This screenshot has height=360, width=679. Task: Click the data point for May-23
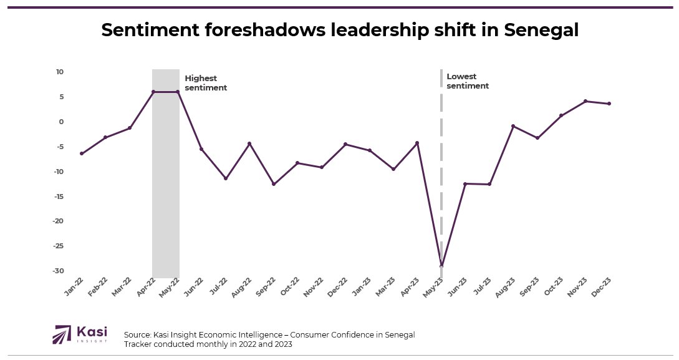click(x=441, y=266)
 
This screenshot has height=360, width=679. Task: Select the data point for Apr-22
click(x=153, y=92)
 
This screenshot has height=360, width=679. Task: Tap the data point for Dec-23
click(x=609, y=104)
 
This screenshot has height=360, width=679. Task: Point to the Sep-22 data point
click(x=273, y=184)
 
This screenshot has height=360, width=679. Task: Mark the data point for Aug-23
click(x=513, y=126)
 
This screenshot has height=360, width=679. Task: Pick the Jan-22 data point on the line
click(x=82, y=153)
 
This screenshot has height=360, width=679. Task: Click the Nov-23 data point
click(x=585, y=101)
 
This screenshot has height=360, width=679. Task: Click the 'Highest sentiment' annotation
click(x=206, y=83)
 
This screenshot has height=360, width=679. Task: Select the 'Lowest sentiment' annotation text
click(x=468, y=81)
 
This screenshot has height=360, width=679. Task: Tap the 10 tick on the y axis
click(x=60, y=72)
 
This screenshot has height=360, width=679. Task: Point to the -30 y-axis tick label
click(x=58, y=271)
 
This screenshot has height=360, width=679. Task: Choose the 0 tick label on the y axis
click(x=61, y=122)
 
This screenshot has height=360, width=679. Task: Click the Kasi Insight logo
click(x=80, y=334)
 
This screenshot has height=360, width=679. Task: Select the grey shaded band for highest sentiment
click(x=166, y=187)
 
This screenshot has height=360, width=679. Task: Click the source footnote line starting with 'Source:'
click(x=269, y=335)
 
